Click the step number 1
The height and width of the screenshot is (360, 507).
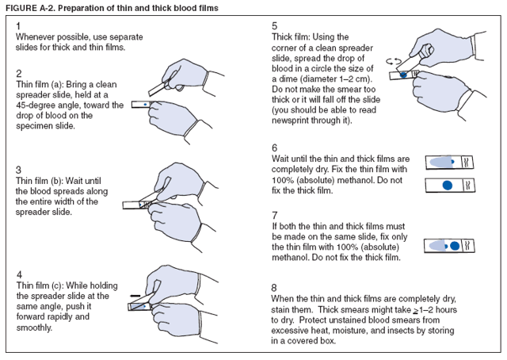(x=18, y=26)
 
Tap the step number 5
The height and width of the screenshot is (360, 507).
(x=274, y=26)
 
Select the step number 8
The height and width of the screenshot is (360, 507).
(x=274, y=287)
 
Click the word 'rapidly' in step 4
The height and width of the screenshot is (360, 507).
(x=67, y=316)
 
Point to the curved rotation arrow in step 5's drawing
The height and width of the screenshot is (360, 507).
(x=391, y=60)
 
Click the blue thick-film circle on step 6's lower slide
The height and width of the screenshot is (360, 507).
(x=448, y=185)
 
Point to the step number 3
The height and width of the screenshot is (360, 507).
(x=18, y=169)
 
